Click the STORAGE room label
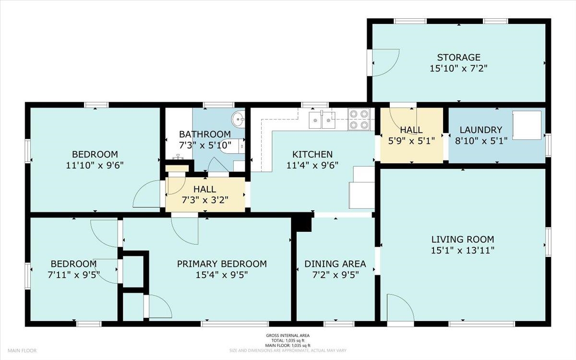click(x=459, y=57)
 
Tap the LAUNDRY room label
click(x=481, y=130)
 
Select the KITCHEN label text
click(x=312, y=154)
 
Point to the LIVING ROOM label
click(x=463, y=240)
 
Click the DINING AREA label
click(x=335, y=264)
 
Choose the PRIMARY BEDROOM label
click(x=222, y=264)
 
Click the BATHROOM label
click(x=205, y=134)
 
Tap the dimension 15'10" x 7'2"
click(x=459, y=68)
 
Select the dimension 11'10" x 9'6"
click(x=95, y=165)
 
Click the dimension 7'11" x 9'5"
click(x=74, y=275)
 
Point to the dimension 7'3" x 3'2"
click(x=205, y=200)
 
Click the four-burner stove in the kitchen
click(x=359, y=119)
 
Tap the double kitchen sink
click(x=322, y=120)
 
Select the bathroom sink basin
click(x=239, y=119)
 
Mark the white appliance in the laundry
click(x=527, y=125)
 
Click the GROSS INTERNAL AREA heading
click(x=288, y=336)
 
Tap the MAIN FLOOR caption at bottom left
click(x=22, y=350)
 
